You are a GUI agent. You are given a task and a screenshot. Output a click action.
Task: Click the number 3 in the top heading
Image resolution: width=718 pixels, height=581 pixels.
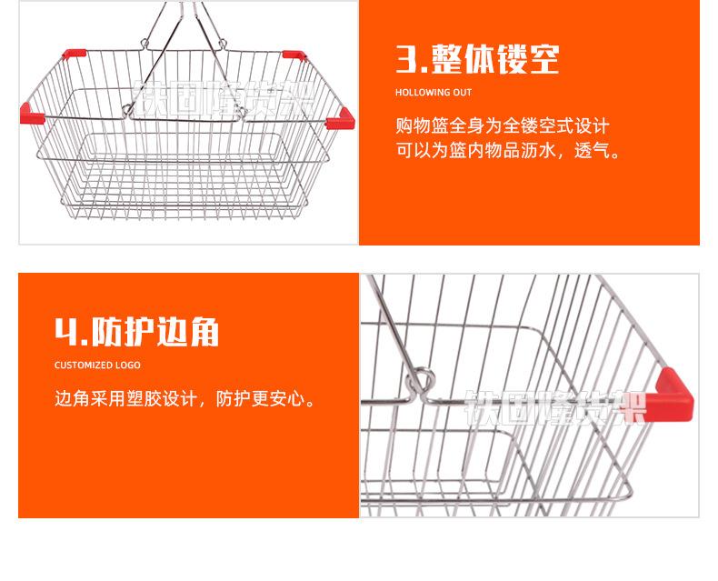click(x=406, y=58)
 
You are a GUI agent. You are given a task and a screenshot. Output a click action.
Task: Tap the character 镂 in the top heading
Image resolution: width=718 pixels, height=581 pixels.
click(x=510, y=58)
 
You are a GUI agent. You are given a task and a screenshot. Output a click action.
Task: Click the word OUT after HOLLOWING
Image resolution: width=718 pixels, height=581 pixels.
click(x=463, y=93)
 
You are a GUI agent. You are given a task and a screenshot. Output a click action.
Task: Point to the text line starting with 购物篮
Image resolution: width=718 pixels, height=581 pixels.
click(x=502, y=125)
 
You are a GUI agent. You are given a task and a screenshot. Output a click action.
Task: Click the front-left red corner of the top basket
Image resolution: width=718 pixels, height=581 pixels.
click(x=32, y=114)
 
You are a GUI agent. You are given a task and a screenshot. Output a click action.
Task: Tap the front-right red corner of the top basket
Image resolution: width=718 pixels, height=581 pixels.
click(x=341, y=117)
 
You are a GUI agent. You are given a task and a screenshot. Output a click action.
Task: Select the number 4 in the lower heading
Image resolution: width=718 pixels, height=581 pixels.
click(x=68, y=332)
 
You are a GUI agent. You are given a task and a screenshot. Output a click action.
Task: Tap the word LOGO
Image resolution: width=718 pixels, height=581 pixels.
click(x=128, y=366)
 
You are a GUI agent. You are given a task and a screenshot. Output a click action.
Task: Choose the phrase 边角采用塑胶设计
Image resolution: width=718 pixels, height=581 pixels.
click(x=127, y=398)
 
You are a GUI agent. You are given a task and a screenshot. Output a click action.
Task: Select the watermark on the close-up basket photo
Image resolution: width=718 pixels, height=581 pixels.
click(x=554, y=406)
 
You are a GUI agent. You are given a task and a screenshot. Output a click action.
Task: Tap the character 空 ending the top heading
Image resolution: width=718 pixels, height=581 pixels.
click(x=543, y=58)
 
